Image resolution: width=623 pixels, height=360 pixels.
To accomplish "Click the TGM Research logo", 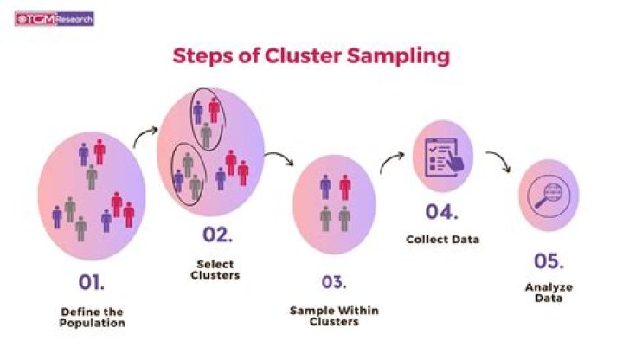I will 54,17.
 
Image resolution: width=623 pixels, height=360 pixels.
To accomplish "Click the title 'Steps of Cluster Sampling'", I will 311,56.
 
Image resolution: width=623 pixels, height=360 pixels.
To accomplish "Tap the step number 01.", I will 92,282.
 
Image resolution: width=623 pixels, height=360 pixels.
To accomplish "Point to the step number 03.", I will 333,282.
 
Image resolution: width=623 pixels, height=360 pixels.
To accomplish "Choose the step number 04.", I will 442,211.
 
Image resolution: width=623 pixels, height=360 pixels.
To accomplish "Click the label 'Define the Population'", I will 92,318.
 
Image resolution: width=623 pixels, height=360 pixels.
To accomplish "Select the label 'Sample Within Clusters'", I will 334,316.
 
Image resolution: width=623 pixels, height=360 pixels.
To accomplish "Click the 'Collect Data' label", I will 443,240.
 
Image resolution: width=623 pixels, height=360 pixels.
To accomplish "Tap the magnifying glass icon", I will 547,194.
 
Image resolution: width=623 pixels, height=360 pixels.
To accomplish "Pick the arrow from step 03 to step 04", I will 392,162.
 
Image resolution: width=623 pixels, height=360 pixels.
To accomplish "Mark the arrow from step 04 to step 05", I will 498,162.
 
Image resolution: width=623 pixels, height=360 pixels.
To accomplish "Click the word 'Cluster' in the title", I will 331,56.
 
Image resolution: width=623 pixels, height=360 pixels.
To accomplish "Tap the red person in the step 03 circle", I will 344,187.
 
